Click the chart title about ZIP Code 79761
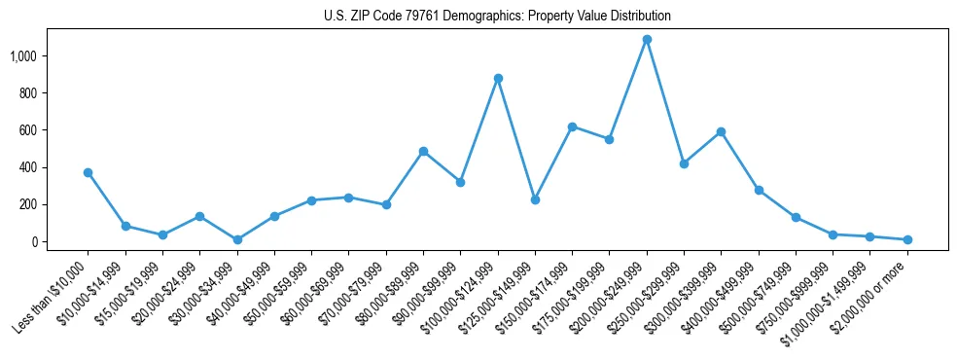(497, 17)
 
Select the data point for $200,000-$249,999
(647, 40)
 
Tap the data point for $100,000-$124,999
(498, 78)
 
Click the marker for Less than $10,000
(88, 172)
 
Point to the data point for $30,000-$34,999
(237, 239)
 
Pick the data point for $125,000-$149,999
(535, 199)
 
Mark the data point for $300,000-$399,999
(721, 131)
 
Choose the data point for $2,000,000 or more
(907, 239)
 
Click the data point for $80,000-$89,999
(423, 151)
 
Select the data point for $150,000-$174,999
(572, 126)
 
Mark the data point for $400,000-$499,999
(759, 190)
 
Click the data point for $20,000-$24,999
(199, 216)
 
